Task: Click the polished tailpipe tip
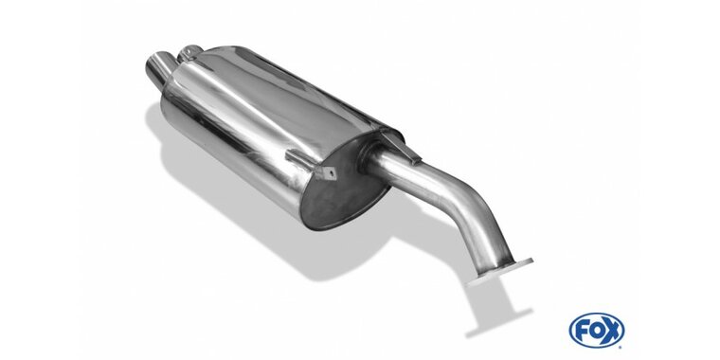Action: click(158, 70)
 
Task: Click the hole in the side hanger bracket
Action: click(330, 173)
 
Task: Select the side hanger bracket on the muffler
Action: click(312, 164)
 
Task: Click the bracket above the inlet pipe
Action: click(401, 145)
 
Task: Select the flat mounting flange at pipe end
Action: click(500, 271)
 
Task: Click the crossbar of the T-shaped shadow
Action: click(499, 324)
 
